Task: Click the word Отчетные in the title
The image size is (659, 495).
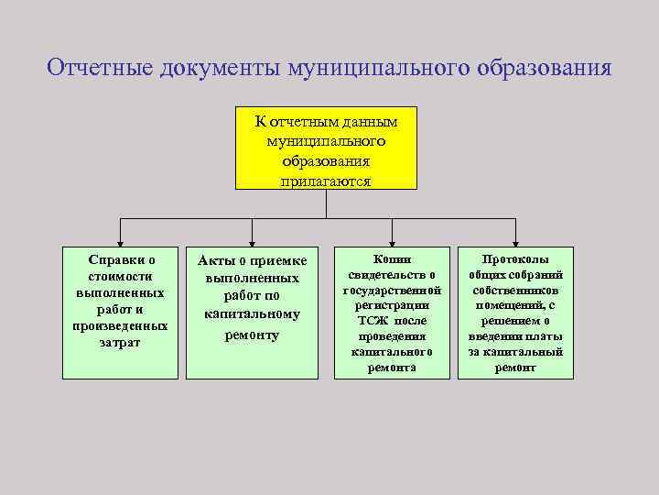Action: (x=102, y=69)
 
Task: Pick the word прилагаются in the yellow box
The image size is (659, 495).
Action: (x=326, y=181)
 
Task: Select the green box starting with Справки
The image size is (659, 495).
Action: (x=120, y=312)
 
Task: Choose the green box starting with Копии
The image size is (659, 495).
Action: (x=392, y=312)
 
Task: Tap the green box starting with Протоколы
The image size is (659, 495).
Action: (x=515, y=312)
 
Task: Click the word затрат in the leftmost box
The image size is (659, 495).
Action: (x=120, y=342)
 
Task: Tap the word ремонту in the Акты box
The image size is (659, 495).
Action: (x=254, y=335)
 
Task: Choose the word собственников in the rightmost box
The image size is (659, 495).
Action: (x=515, y=290)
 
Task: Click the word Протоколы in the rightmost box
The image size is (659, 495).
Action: (x=515, y=259)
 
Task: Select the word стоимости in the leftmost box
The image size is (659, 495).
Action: (x=120, y=276)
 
